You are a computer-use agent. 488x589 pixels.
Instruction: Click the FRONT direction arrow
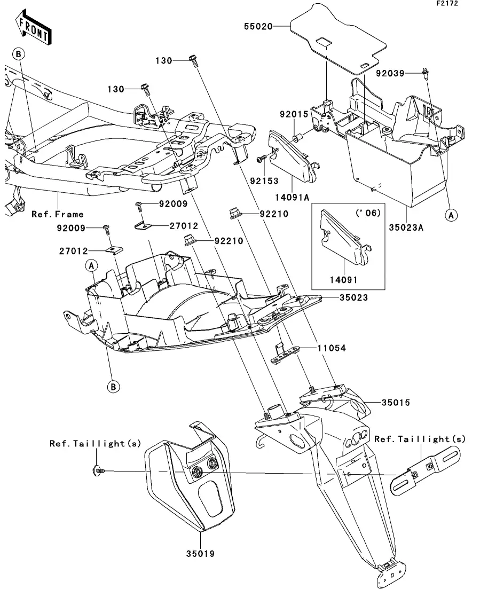coord(34,30)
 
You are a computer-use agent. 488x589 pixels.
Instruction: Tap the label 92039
coord(390,73)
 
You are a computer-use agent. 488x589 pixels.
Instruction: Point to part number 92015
coord(290,115)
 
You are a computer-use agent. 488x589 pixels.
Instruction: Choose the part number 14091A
coord(293,197)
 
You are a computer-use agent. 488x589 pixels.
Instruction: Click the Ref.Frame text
coord(58,214)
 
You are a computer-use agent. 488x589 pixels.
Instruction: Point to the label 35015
coord(396,402)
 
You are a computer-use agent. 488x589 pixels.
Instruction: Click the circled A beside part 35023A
coord(452,215)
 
